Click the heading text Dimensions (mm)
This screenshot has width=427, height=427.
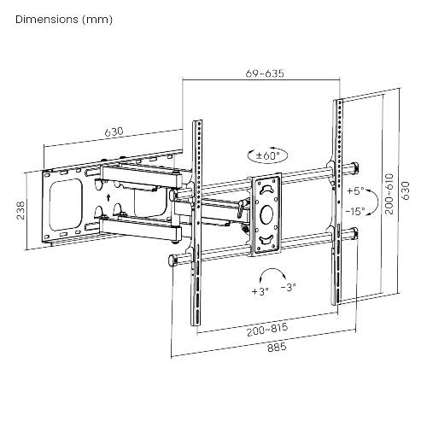pos(64,20)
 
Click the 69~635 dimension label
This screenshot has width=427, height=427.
pos(265,73)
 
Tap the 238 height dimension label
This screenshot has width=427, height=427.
pos(20,210)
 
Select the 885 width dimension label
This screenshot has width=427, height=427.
pos(277,348)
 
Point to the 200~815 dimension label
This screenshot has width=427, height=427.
pos(267,330)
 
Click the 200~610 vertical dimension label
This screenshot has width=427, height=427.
pos(389,194)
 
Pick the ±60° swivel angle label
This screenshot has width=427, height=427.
pos(268,155)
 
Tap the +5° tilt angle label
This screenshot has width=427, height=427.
pos(355,190)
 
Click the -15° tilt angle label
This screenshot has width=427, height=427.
pos(355,212)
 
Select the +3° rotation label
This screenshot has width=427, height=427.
pos(260,291)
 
